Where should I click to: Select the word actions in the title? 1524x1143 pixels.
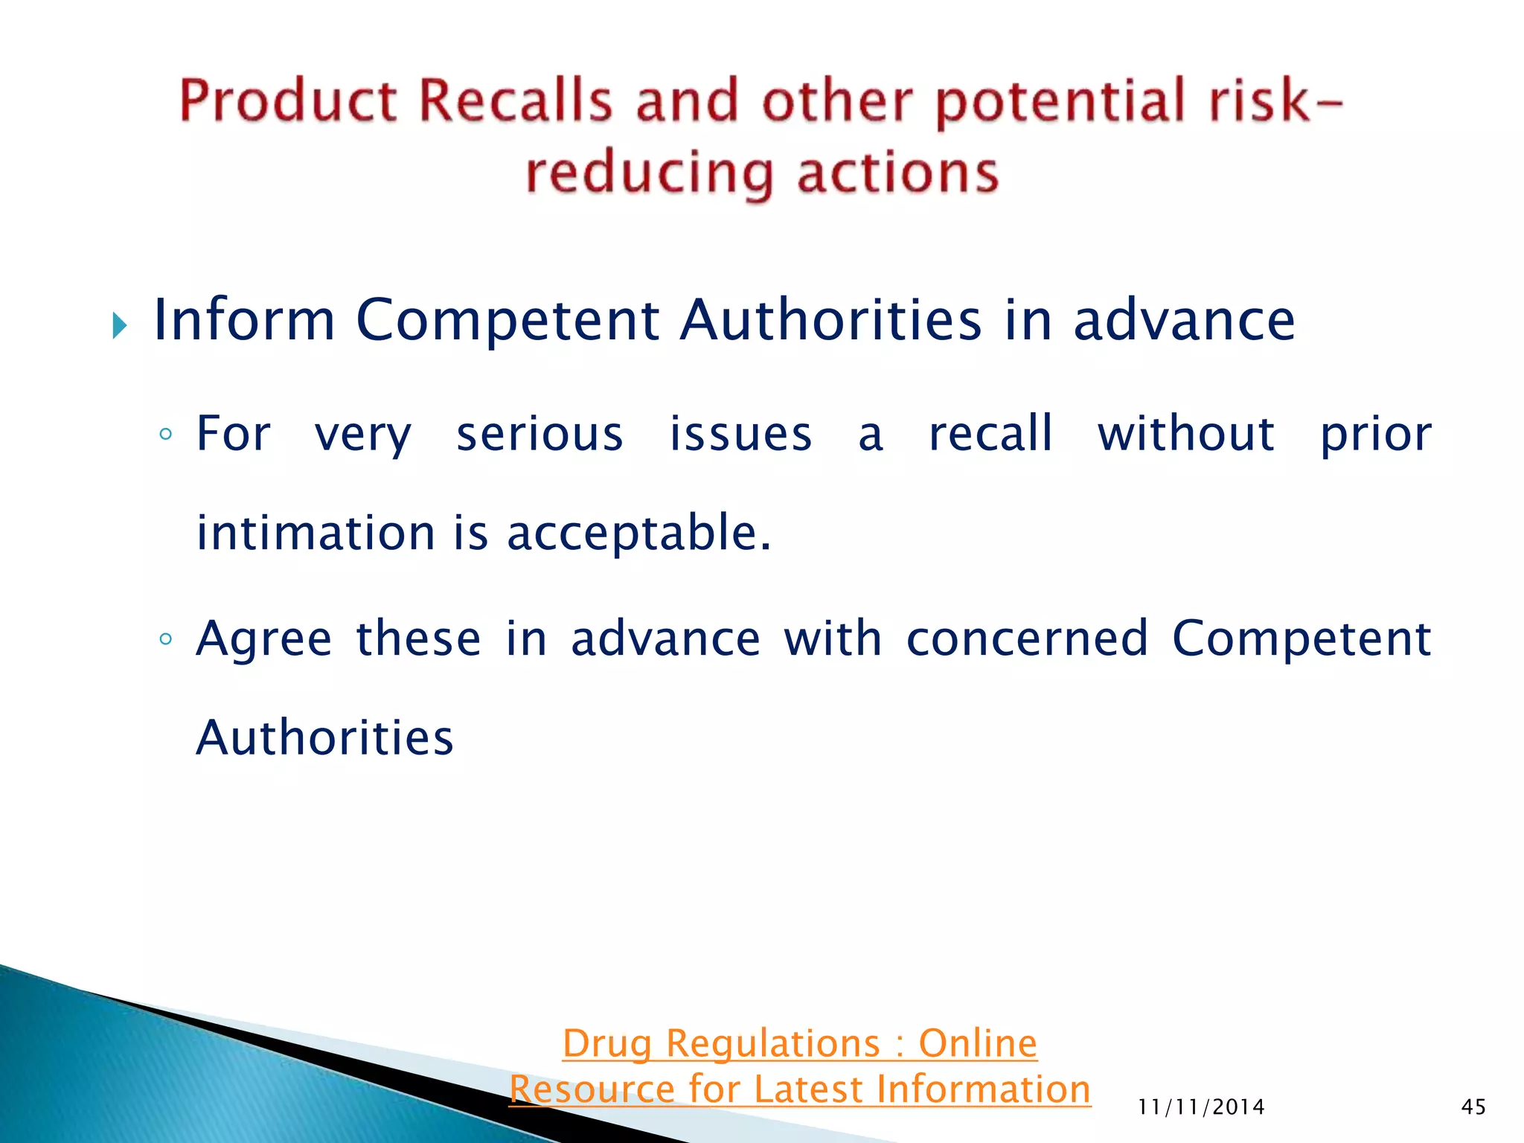tap(897, 173)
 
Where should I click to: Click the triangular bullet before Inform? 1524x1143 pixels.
tap(120, 325)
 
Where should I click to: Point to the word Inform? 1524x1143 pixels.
tap(244, 320)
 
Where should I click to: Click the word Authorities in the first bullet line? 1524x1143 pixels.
tap(830, 320)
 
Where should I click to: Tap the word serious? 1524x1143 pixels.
tap(540, 434)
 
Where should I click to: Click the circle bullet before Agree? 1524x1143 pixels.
tap(166, 638)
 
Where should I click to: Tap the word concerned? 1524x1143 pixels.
tap(1027, 638)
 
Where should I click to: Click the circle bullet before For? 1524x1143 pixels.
tap(166, 434)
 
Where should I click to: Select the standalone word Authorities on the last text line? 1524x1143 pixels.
tap(324, 738)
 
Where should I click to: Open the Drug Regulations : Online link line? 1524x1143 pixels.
tap(800, 1043)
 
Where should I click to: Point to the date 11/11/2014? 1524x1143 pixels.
tap(1201, 1107)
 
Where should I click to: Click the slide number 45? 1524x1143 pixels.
tap(1473, 1107)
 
